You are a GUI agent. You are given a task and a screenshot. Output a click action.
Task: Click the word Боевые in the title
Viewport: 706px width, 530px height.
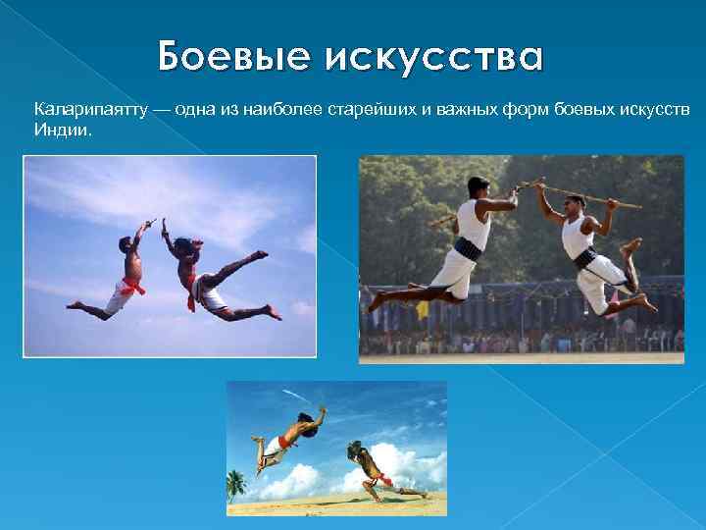tap(221, 58)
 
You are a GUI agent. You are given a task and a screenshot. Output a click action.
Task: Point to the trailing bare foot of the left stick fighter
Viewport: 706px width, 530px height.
tap(376, 299)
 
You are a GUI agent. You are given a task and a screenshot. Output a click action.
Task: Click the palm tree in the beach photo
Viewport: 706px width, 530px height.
tap(236, 483)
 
